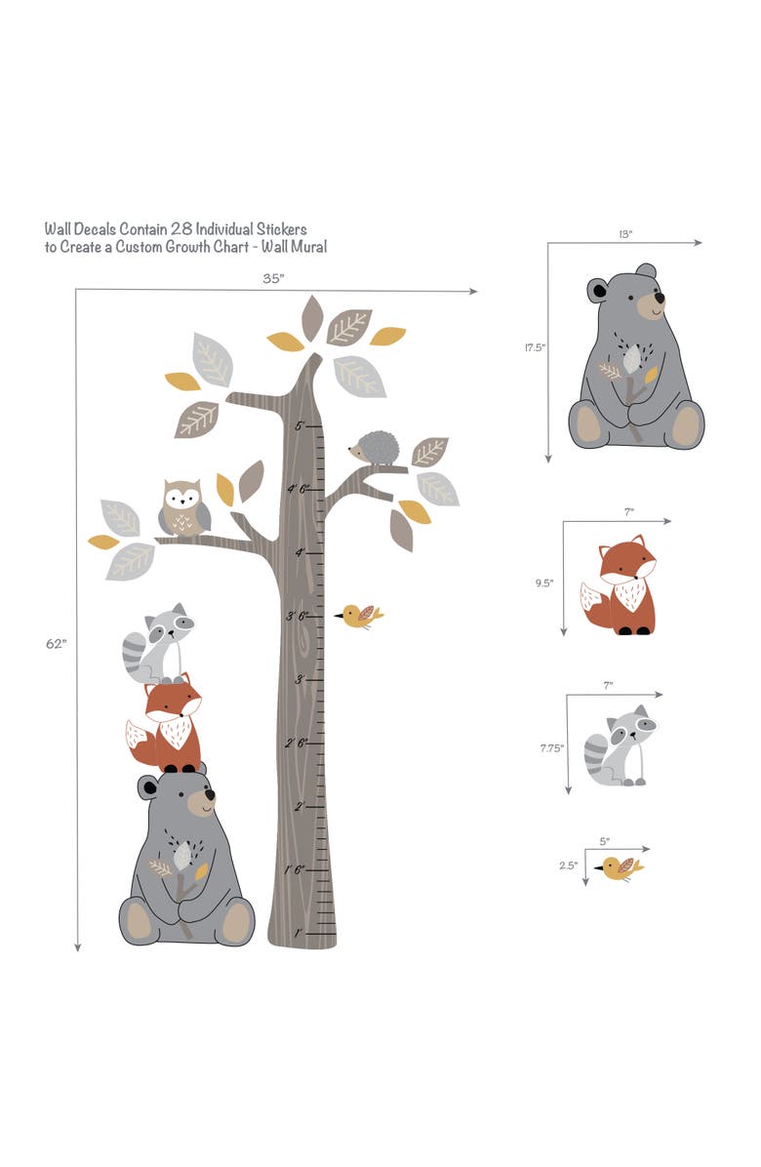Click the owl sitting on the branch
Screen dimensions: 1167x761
(183, 507)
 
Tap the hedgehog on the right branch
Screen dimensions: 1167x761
(376, 449)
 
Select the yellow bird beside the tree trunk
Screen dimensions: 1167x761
(360, 616)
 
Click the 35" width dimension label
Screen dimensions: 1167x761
(273, 278)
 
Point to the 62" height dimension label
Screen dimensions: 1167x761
(56, 644)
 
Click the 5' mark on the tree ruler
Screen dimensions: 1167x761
(300, 425)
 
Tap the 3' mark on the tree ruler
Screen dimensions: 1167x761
(300, 679)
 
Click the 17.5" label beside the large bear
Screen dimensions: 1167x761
(534, 346)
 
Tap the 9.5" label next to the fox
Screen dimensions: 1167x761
(544, 583)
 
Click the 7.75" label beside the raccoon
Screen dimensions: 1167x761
(551, 748)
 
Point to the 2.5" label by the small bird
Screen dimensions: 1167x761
(569, 865)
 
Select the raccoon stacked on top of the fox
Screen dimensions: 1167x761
(161, 644)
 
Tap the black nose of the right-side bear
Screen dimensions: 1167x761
(661, 298)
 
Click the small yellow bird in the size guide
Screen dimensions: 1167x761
(621, 867)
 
